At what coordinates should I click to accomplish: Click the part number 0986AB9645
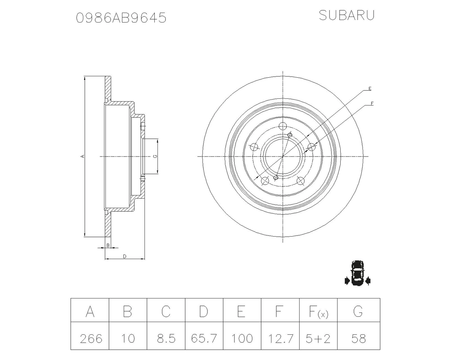[x=121, y=18]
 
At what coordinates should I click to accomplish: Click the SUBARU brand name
[x=346, y=15]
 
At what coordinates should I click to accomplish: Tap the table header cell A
[x=90, y=311]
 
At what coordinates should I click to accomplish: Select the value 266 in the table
[x=91, y=338]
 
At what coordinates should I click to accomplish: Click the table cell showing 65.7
[x=204, y=338]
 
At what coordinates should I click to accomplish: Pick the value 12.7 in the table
[x=280, y=338]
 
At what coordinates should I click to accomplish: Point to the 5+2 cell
[x=318, y=338]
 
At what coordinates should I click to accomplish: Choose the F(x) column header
[x=318, y=311]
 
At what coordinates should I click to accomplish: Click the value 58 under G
[x=358, y=338]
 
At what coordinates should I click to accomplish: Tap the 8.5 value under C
[x=166, y=338]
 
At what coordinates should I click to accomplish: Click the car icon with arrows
[x=358, y=274]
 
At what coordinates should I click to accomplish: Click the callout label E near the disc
[x=370, y=89]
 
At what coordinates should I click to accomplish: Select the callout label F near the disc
[x=372, y=103]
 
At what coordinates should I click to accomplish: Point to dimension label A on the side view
[x=82, y=156]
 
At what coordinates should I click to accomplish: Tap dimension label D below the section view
[x=124, y=256]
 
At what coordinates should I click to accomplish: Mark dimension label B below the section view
[x=108, y=245]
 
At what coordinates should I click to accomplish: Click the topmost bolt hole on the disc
[x=283, y=126]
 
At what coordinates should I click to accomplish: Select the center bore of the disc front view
[x=283, y=156]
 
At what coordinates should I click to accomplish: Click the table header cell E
[x=242, y=311]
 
